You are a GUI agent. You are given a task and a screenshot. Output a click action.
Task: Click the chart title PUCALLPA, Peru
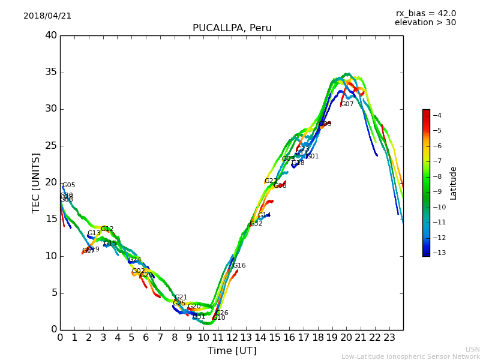click(232, 28)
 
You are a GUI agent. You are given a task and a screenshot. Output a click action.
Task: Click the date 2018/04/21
click(47, 16)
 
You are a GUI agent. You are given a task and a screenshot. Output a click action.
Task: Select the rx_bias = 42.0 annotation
click(425, 14)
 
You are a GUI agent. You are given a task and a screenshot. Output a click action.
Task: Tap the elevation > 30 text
click(425, 23)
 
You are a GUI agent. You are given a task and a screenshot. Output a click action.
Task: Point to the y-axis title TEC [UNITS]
click(37, 182)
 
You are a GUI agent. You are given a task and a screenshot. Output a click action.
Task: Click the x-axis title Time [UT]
click(232, 351)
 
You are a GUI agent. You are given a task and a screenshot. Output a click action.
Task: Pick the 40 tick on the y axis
click(51, 35)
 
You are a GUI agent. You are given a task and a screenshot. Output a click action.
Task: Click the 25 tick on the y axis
click(51, 146)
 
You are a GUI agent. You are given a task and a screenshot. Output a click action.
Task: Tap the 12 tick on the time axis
click(232, 338)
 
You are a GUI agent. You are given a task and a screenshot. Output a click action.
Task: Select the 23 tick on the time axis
click(389, 338)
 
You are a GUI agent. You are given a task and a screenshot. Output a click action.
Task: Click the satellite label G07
click(347, 104)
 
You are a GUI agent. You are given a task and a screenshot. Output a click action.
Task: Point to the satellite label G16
click(239, 266)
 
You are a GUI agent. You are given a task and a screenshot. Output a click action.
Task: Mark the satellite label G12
click(107, 229)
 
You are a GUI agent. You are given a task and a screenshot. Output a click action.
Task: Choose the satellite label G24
click(135, 260)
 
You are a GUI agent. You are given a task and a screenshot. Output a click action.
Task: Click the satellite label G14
click(265, 215)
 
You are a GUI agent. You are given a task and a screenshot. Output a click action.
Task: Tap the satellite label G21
click(181, 298)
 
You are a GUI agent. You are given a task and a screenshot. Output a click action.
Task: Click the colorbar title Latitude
click(454, 183)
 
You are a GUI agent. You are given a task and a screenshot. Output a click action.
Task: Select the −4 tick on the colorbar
click(437, 115)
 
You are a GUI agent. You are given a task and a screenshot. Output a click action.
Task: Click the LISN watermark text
click(473, 349)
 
